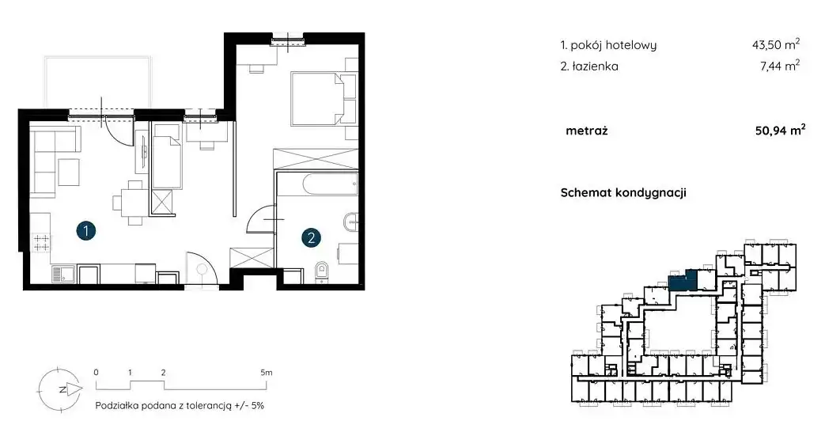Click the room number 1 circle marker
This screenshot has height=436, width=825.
pos(85,230)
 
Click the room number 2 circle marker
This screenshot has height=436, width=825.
pos(311,237)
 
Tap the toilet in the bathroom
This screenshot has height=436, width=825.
pos(321,272)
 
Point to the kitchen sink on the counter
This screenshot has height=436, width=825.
pos(62,274)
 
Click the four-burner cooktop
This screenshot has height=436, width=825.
pos(41,242)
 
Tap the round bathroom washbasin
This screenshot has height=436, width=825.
pos(351,222)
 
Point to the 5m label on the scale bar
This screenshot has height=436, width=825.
pos(267,372)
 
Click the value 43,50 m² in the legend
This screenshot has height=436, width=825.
pos(776,45)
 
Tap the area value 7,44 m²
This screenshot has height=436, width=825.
pos(780,66)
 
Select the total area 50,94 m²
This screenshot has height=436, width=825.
pos(780,130)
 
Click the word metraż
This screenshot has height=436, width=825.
pos(587,131)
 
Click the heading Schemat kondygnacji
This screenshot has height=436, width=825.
pos(623,192)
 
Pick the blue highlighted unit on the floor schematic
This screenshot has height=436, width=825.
pos(683,281)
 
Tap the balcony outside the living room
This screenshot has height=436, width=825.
pos(98,82)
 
